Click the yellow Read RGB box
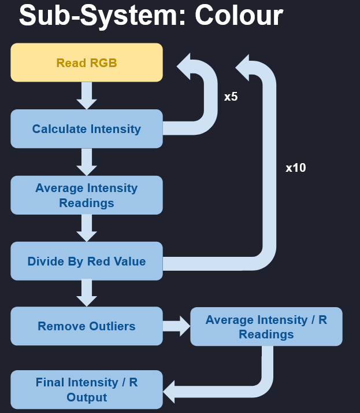87,62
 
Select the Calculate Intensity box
87,128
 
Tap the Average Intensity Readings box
87,195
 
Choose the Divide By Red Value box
87,261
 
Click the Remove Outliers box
87,326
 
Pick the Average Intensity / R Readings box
266,327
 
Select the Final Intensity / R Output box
87,389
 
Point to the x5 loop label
231,97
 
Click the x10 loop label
296,168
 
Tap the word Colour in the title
239,16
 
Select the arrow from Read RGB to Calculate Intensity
87,95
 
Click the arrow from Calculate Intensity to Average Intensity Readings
87,162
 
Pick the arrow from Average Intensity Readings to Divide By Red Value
87,228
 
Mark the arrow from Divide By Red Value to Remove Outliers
87,293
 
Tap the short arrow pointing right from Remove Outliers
176,326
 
